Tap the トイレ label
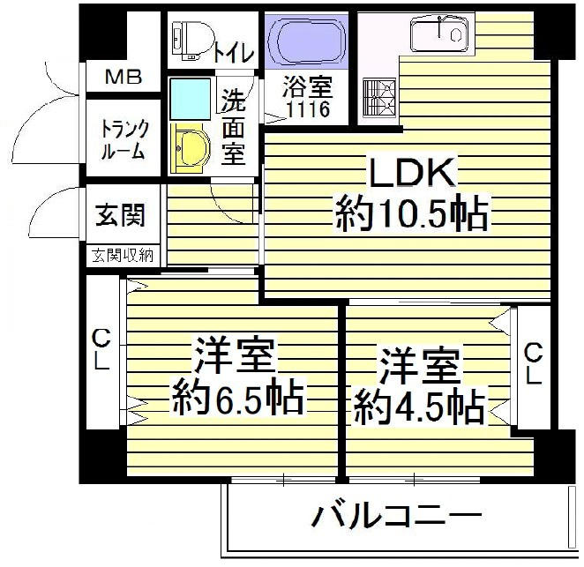(235, 53)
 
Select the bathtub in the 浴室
(307, 41)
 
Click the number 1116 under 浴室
(309, 109)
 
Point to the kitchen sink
(439, 34)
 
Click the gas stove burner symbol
(379, 98)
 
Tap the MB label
(124, 78)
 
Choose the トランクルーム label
(124, 140)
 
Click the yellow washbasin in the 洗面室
(189, 149)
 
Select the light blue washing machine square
(190, 99)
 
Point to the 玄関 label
(120, 215)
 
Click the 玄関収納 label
(123, 256)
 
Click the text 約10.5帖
(412, 215)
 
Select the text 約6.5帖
(237, 396)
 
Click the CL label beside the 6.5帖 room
(101, 350)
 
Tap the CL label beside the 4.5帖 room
(533, 363)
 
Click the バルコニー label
(396, 515)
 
